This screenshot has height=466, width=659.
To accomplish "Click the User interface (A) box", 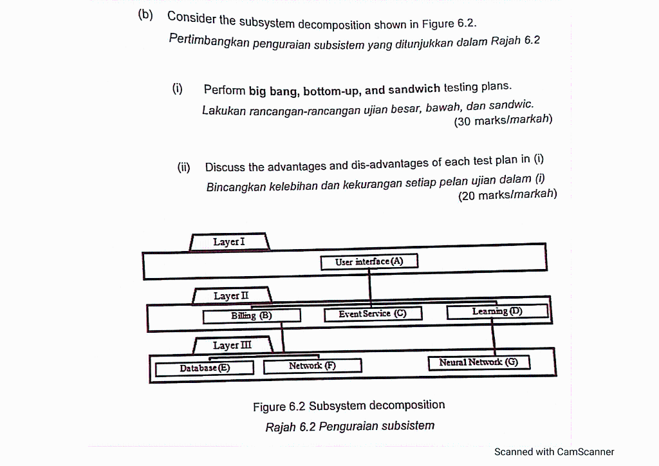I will [369, 261].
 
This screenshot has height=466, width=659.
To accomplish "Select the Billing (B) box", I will [252, 316].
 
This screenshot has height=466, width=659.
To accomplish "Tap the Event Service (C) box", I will [373, 313].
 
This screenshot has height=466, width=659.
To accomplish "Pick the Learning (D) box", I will [497, 312].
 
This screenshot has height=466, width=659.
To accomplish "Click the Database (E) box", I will [204, 368].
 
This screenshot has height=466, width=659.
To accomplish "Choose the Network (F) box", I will [312, 366].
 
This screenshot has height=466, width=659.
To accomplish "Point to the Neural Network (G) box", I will [478, 362].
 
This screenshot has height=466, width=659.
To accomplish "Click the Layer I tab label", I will [229, 242].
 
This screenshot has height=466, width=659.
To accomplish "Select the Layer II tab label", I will [231, 296].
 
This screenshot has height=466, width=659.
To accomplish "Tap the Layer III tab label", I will [232, 346].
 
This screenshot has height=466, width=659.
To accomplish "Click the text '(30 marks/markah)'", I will [503, 120].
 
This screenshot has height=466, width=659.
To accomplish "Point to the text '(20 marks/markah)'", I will [507, 195].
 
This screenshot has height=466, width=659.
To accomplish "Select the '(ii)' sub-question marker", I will [184, 167].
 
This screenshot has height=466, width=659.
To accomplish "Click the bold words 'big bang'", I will [272, 91].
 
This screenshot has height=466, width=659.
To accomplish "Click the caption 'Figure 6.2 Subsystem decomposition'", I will [349, 406].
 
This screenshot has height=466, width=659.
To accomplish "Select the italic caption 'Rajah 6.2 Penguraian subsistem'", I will [349, 426].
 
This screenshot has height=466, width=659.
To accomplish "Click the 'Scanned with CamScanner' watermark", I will [554, 452].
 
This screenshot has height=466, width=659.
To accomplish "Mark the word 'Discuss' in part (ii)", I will [225, 167].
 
